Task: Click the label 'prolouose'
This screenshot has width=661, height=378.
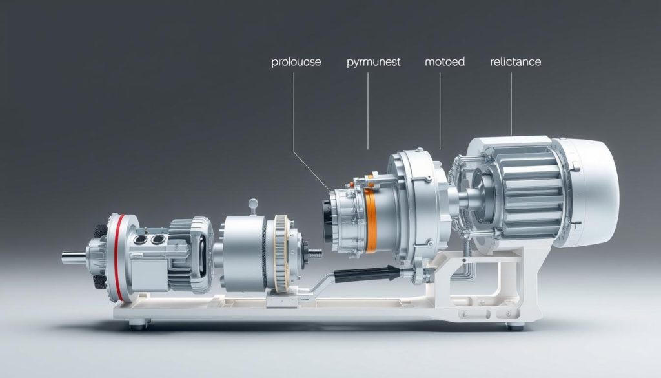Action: (296, 63)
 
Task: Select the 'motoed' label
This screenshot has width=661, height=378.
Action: (445, 63)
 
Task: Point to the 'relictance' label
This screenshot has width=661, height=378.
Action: (515, 63)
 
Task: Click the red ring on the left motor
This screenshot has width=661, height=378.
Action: (117, 258)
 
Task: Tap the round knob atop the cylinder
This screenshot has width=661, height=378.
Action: (252, 205)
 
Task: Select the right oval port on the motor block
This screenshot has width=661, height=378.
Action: (158, 239)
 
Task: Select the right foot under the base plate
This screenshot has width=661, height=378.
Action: (514, 326)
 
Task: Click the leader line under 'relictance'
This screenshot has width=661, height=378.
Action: (511, 103)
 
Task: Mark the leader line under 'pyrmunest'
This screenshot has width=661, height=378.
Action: (368, 110)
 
